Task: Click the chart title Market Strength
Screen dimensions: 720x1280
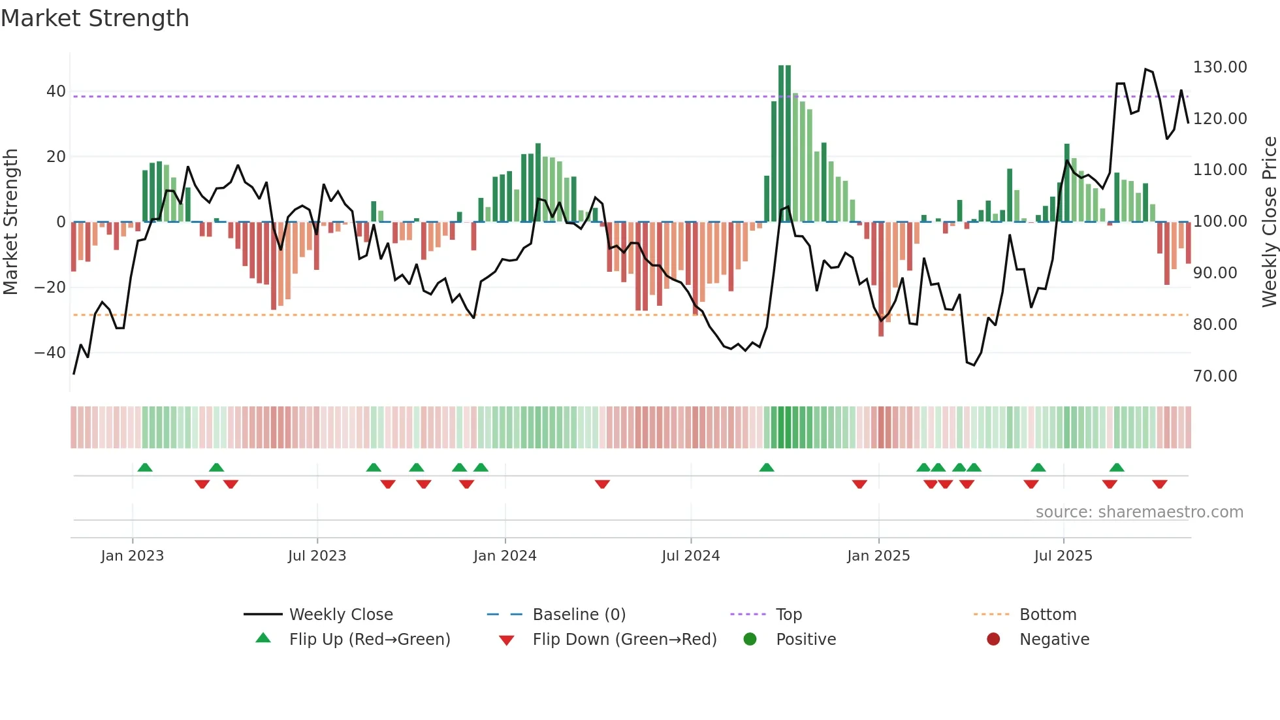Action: click(x=95, y=18)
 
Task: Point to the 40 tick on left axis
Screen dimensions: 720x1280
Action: click(x=56, y=91)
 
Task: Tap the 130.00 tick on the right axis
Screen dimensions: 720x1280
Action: click(x=1219, y=67)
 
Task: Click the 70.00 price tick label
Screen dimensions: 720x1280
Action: click(x=1215, y=376)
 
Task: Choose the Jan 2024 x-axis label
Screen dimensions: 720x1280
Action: click(x=505, y=556)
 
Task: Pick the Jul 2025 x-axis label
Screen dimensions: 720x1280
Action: click(x=1063, y=556)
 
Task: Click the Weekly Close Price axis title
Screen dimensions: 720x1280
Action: click(x=1269, y=222)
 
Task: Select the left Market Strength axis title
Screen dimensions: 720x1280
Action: click(x=10, y=222)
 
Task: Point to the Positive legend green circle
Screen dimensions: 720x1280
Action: click(x=750, y=640)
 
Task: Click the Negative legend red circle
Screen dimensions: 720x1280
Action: click(x=993, y=640)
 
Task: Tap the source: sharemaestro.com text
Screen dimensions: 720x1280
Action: click(x=1139, y=512)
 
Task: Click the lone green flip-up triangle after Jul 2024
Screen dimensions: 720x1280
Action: click(x=767, y=468)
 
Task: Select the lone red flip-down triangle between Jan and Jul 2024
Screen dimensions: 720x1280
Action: click(x=602, y=484)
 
